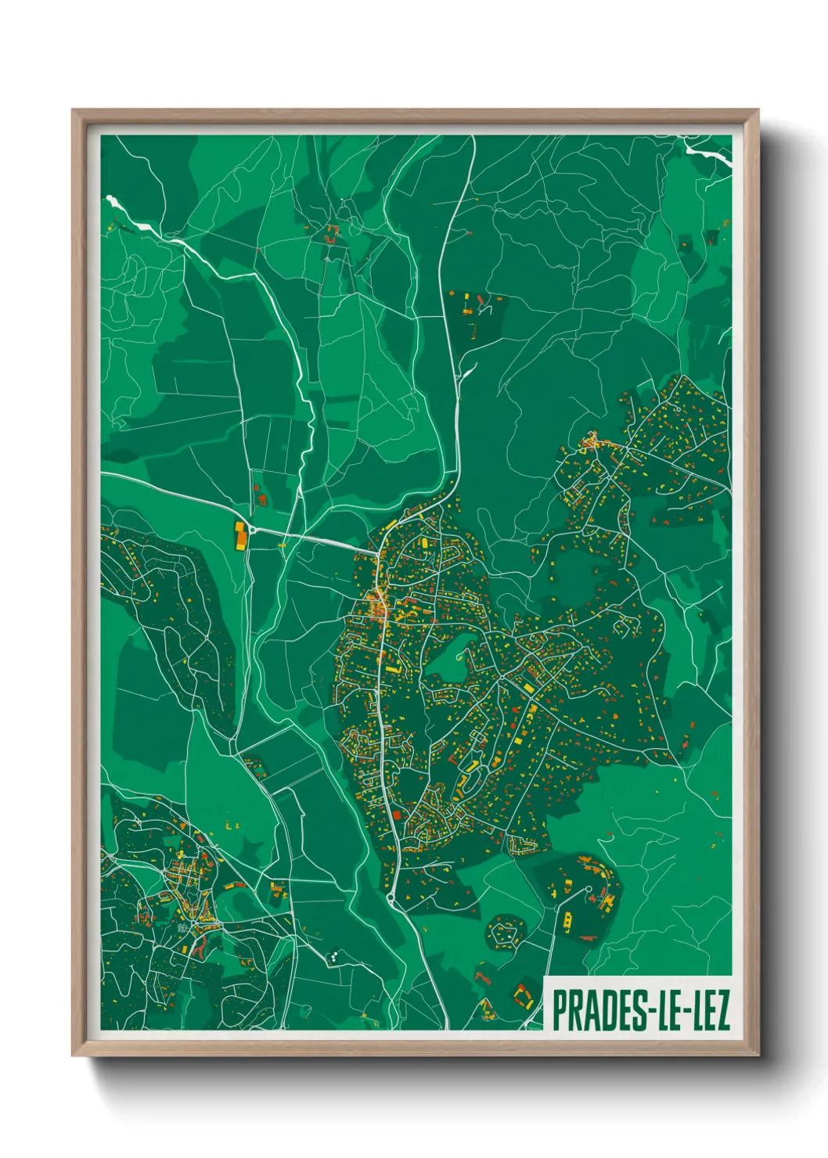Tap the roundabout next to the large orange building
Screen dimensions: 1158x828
click(252, 530)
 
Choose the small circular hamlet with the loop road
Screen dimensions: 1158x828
click(505, 931)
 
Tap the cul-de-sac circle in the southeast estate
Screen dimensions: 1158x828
click(588, 889)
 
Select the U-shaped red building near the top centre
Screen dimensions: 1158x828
click(330, 232)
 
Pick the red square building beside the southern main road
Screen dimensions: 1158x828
click(396, 815)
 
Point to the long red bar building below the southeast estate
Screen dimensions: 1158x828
click(588, 937)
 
